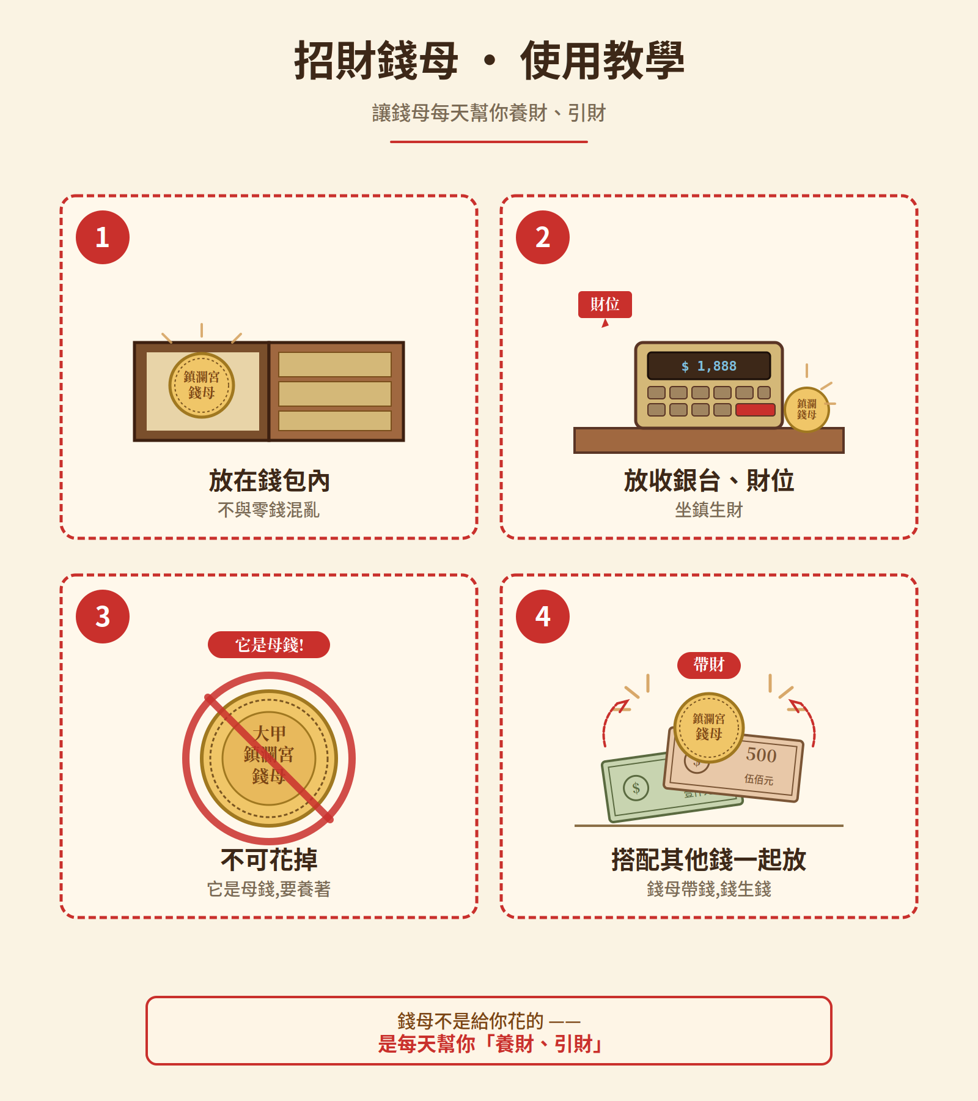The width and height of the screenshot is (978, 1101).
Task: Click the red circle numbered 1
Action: (103, 237)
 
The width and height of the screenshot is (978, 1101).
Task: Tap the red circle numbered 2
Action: (543, 237)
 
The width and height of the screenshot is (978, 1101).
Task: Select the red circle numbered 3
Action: (103, 617)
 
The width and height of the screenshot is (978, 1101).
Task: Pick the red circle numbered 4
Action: (543, 617)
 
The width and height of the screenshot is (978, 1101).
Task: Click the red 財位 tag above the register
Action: (605, 305)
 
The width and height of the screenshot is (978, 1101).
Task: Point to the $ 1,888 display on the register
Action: (709, 366)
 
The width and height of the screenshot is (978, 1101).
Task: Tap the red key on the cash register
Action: (756, 410)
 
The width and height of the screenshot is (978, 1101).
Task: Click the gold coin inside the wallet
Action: (202, 385)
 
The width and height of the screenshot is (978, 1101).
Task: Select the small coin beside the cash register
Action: (807, 409)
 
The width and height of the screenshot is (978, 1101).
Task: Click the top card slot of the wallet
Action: (335, 365)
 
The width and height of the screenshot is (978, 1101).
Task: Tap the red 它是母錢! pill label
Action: (269, 645)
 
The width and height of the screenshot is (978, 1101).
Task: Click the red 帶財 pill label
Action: (709, 665)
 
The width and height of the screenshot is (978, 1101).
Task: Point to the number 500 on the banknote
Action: (761, 755)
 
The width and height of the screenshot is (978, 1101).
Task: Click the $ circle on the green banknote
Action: (636, 787)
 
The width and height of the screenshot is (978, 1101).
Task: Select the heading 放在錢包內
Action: (269, 481)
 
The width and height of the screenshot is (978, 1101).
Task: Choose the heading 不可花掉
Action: (269, 859)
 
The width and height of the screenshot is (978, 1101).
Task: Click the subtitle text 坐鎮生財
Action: (709, 510)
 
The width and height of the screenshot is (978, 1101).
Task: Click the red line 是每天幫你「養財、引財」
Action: (489, 1044)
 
